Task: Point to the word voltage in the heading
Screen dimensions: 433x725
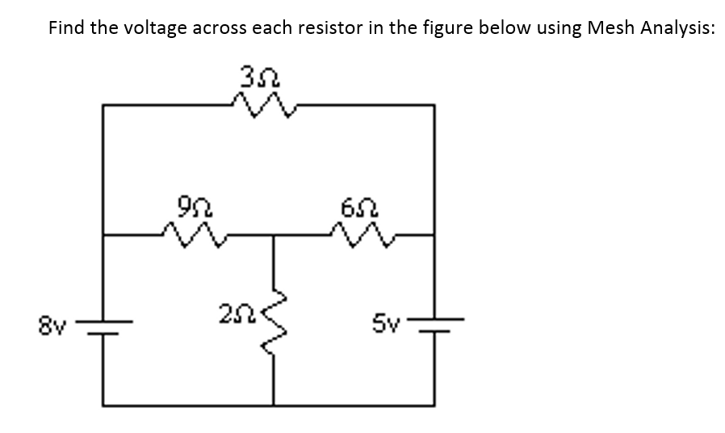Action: [155, 29]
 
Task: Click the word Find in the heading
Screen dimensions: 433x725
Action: [66, 27]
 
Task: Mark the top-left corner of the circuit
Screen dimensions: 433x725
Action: [103, 104]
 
